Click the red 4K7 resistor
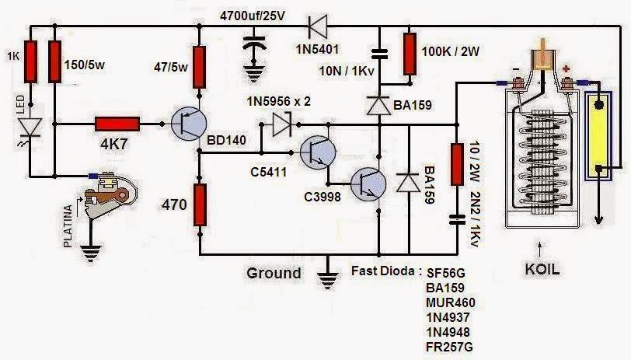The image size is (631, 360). (117, 124)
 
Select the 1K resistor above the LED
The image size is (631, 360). (30, 61)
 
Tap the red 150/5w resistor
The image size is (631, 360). (55, 61)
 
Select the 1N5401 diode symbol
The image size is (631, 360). (316, 27)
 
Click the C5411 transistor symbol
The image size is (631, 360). (317, 152)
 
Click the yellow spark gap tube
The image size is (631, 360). (599, 133)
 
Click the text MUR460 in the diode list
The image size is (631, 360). (450, 302)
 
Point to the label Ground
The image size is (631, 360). (274, 273)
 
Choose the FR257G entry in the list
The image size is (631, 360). (450, 345)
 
